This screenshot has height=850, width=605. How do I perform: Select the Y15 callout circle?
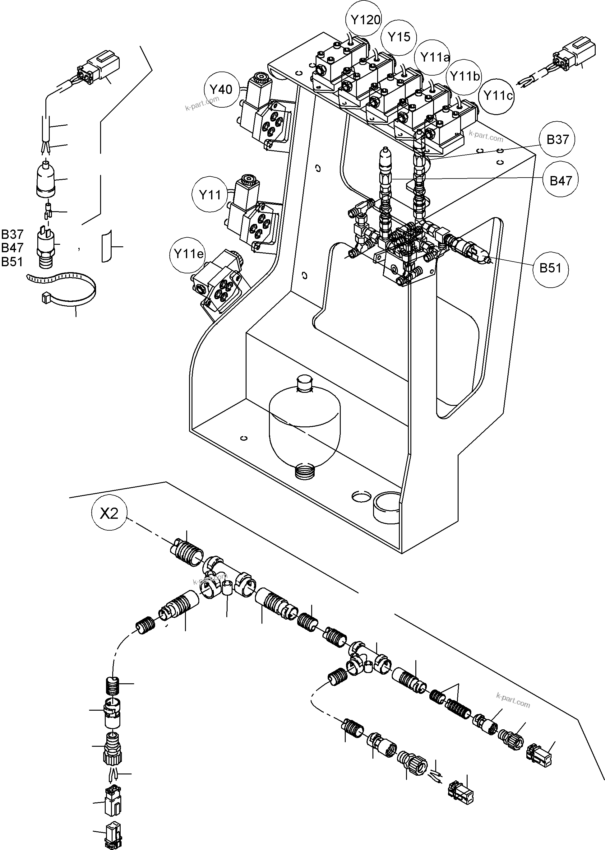coord(399,37)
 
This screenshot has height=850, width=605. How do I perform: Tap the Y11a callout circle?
coord(434,58)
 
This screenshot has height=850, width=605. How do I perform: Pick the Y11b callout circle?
coord(464,77)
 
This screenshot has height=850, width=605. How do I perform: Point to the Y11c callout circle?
coord(497,96)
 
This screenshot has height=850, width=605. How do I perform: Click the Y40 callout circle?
coord(220,90)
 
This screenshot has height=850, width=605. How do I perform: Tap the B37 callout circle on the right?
coord(557,140)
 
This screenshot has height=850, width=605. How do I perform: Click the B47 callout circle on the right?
coord(560,181)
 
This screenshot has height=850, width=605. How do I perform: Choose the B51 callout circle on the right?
coord(550,269)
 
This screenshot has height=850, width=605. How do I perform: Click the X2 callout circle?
coord(109,514)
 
